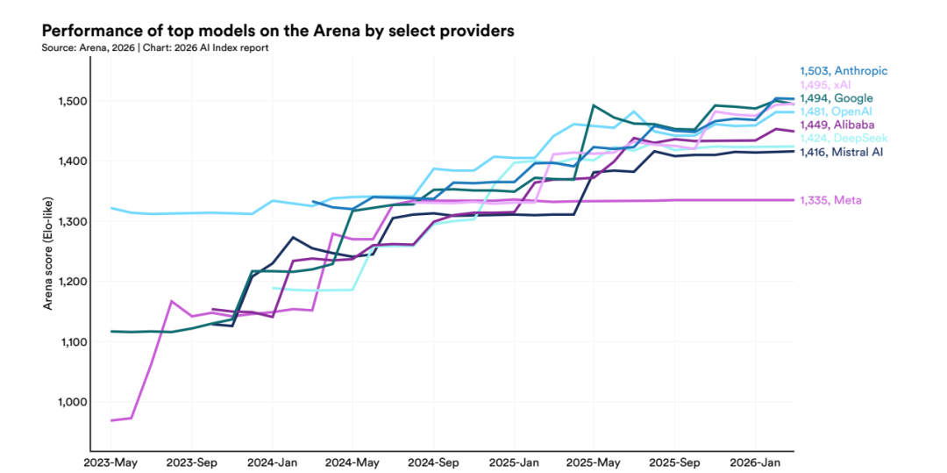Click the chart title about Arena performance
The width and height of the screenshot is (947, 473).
277,31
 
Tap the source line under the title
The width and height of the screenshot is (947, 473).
154,47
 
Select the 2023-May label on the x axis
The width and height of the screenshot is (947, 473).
110,461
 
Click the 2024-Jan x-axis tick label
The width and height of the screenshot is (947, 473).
272,461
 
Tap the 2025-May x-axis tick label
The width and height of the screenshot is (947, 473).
594,461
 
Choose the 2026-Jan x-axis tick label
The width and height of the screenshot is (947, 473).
755,461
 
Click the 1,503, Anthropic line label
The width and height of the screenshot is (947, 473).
844,71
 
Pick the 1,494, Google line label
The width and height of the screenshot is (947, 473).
836,98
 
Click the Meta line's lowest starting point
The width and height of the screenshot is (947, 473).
111,420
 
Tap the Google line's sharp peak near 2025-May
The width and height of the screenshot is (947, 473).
595,105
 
